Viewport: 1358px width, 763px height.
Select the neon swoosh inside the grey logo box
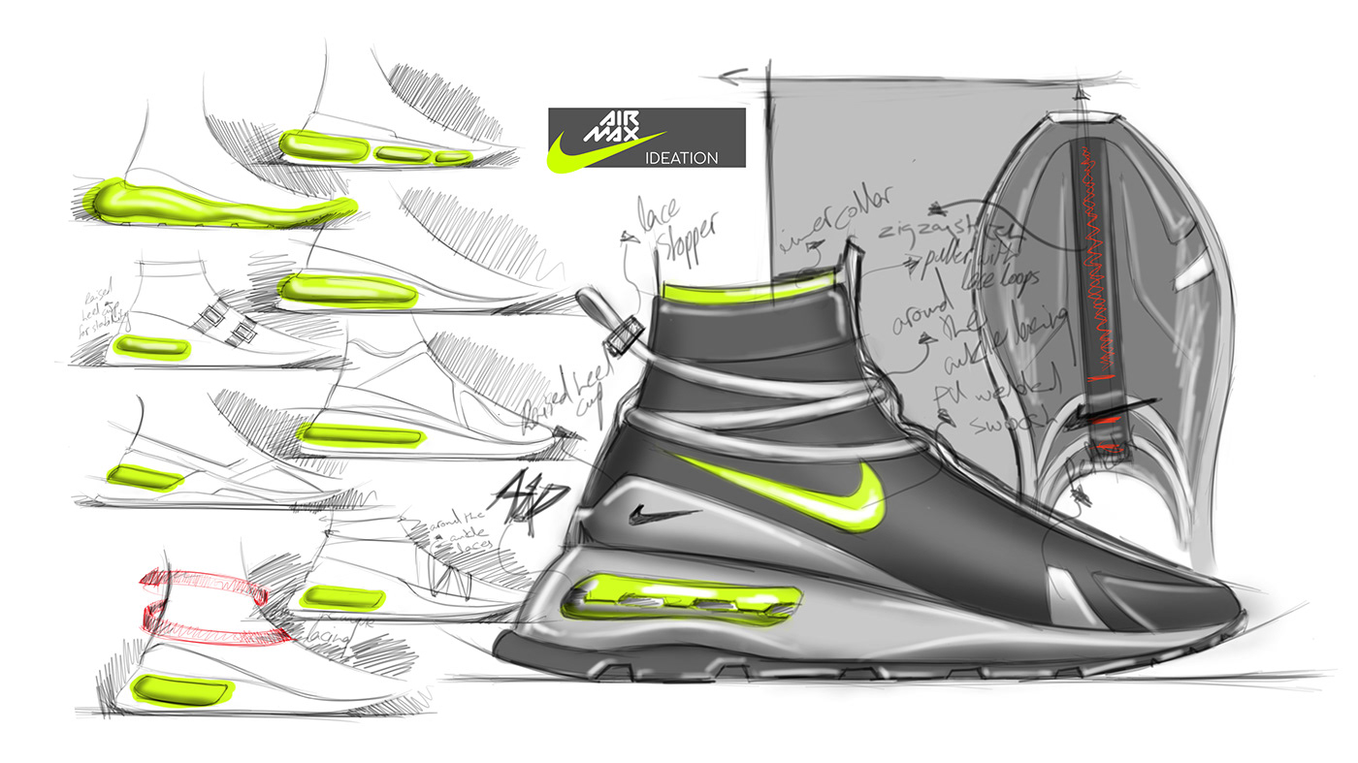[601, 150]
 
